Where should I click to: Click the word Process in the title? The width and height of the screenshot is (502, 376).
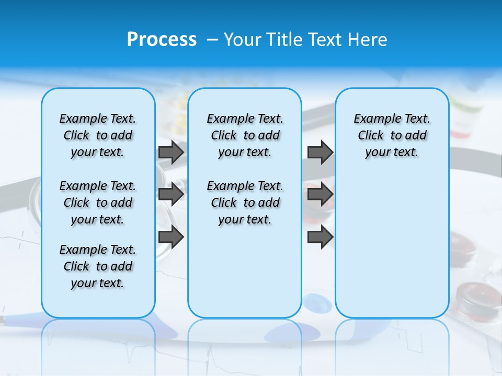(x=162, y=40)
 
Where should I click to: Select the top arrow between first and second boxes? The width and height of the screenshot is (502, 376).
(x=171, y=152)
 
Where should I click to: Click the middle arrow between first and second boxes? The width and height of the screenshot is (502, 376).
(x=171, y=194)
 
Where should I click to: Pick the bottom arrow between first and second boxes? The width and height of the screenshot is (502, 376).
(x=171, y=237)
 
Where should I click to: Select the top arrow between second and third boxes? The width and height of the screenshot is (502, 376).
(x=320, y=152)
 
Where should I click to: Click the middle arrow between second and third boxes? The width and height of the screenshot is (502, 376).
(x=320, y=194)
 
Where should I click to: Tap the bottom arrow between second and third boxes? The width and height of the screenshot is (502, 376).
(x=320, y=237)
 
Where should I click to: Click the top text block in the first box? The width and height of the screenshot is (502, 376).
(x=98, y=135)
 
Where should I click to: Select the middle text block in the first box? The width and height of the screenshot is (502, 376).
(x=98, y=203)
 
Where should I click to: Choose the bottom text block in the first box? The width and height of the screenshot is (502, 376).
(x=98, y=266)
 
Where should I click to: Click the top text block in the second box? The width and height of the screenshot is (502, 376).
(x=245, y=135)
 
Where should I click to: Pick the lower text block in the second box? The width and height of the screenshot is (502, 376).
(x=245, y=203)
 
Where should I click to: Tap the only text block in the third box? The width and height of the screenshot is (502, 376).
(x=392, y=135)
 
